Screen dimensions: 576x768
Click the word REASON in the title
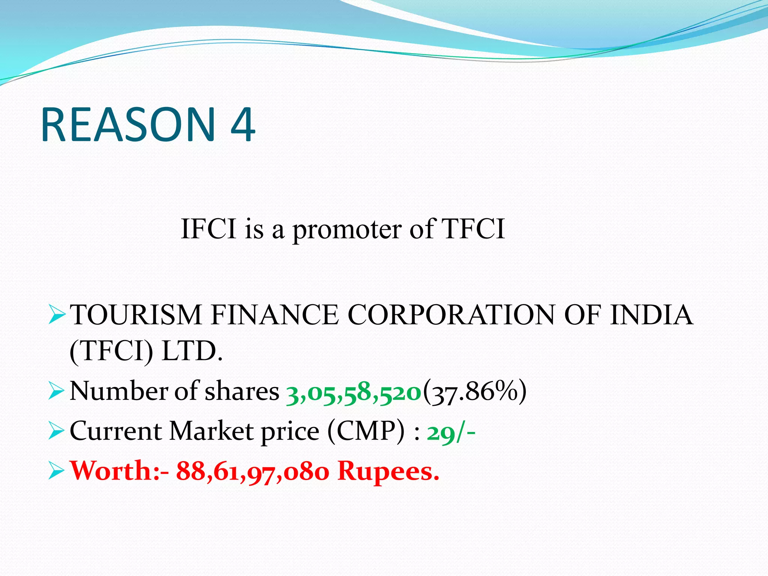(128, 124)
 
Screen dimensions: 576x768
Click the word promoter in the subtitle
(346, 229)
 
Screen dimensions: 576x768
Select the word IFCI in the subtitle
(208, 228)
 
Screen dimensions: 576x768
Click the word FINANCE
(274, 315)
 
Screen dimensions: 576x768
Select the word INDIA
(651, 315)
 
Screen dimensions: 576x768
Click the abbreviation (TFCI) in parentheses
(111, 351)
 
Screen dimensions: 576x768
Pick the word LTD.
(192, 351)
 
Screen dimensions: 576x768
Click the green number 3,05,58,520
(354, 392)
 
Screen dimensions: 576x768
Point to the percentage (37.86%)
(475, 391)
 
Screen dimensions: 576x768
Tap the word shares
(242, 391)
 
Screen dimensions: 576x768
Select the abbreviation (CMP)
(366, 431)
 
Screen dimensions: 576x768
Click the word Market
(211, 431)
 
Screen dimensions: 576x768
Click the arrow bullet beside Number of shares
(57, 392)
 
